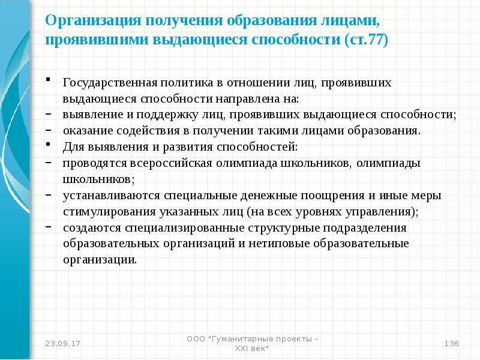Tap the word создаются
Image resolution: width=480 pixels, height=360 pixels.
pos(91,228)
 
